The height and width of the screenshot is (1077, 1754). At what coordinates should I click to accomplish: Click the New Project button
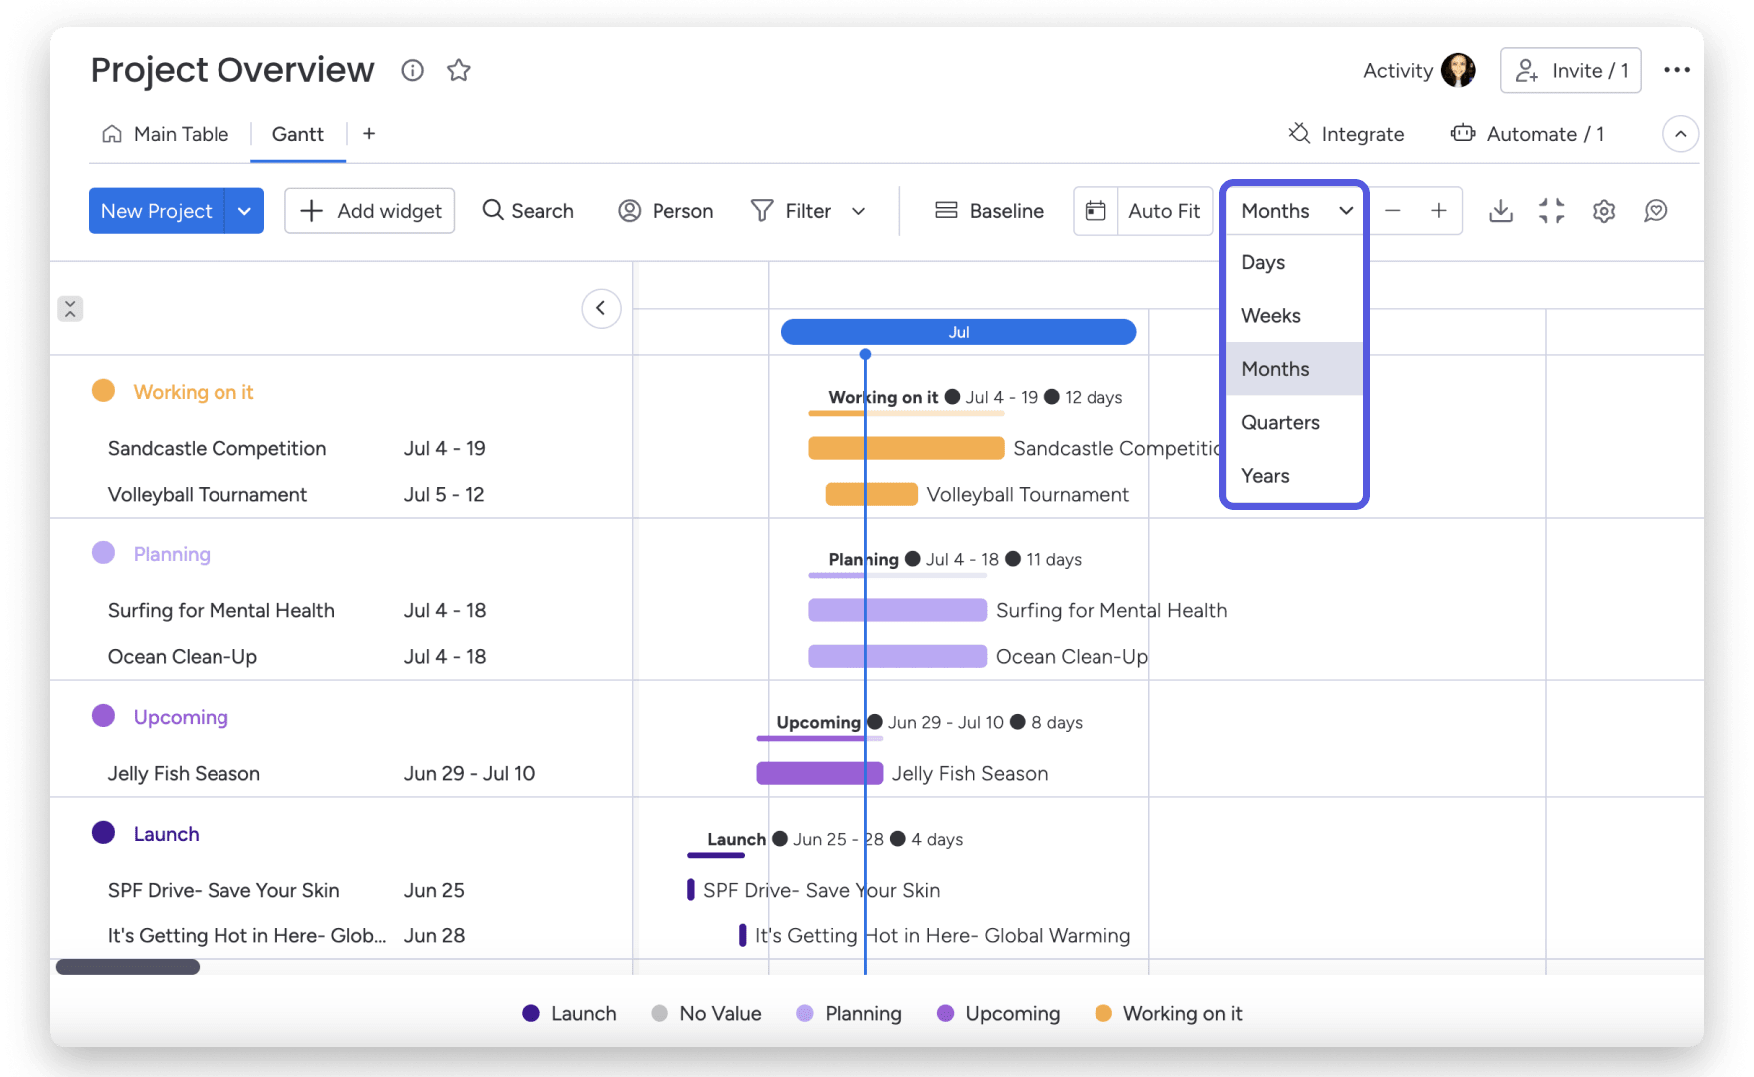[157, 211]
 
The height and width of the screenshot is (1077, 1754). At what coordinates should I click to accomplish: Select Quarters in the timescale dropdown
[1280, 422]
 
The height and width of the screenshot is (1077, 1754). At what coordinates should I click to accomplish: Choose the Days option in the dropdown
[1263, 262]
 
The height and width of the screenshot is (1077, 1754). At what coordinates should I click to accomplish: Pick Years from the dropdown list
[1265, 476]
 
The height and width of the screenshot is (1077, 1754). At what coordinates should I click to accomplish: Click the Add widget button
[370, 211]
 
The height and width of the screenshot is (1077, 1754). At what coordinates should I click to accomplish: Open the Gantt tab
[297, 134]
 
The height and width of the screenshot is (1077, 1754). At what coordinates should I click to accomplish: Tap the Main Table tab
[167, 134]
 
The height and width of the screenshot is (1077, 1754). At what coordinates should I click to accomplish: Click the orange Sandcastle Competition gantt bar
[906, 448]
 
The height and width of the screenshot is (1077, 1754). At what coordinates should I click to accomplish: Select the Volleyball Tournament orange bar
[871, 494]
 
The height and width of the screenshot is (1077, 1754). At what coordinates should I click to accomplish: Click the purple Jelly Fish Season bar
[819, 773]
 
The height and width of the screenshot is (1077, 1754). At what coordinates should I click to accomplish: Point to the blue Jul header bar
[958, 332]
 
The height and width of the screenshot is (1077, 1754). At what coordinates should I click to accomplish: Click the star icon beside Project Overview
[459, 70]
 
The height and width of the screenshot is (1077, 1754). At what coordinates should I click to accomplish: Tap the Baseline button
[989, 211]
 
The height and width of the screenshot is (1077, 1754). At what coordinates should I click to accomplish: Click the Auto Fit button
[1163, 211]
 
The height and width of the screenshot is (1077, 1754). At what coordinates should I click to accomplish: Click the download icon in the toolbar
[1500, 211]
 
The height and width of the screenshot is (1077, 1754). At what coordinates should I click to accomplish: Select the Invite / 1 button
[1570, 71]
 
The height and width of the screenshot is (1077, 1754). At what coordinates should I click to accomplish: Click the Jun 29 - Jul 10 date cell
[469, 773]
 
